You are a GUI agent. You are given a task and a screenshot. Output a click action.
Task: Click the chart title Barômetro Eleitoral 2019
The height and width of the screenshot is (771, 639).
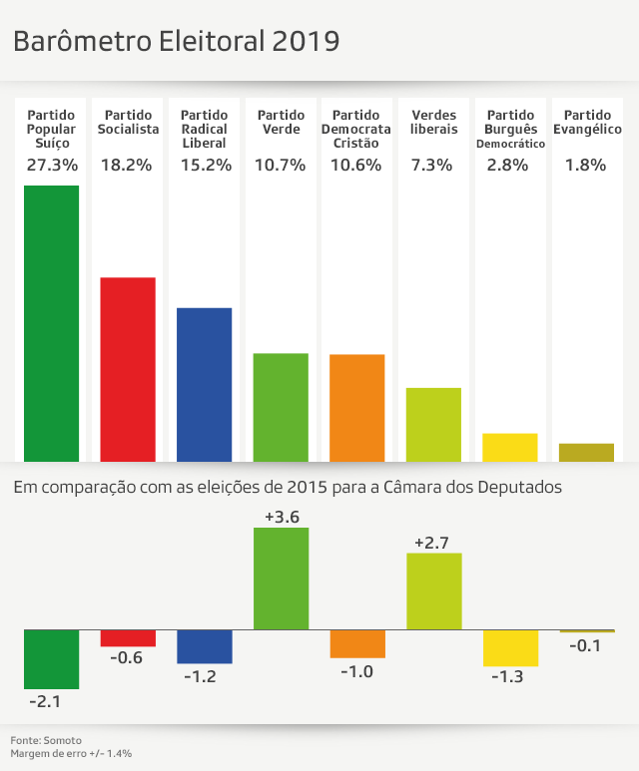176,41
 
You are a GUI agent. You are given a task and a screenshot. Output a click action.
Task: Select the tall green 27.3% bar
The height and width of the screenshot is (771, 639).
51,323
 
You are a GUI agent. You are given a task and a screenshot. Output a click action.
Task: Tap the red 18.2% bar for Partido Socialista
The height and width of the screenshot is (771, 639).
128,369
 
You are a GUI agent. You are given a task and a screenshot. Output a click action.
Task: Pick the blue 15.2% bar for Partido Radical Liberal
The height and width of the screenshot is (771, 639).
204,384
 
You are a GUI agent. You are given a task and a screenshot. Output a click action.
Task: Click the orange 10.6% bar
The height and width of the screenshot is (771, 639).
356,407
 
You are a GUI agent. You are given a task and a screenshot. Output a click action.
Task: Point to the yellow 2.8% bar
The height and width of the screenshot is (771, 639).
509,447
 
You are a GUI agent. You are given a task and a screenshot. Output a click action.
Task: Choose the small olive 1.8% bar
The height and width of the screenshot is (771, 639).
586,453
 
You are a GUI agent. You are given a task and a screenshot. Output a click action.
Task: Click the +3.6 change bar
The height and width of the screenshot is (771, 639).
281,578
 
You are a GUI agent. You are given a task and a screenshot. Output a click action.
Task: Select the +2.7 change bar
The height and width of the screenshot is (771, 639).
433,590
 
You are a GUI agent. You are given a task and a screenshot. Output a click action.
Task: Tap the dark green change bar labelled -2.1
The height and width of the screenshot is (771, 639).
51,658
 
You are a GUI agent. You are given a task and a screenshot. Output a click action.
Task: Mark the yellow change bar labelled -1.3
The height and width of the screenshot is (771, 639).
509,647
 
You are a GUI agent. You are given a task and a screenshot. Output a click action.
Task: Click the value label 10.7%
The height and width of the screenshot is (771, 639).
281,166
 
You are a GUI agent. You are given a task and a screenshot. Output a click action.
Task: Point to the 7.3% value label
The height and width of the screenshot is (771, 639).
433,166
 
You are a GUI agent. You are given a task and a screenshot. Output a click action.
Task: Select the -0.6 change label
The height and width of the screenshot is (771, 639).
128,658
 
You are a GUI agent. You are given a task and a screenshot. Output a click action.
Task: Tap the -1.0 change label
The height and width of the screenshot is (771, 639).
356,671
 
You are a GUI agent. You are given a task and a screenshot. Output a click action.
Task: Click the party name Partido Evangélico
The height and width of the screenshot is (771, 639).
586,123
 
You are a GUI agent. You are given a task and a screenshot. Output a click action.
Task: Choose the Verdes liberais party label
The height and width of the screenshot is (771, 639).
433,123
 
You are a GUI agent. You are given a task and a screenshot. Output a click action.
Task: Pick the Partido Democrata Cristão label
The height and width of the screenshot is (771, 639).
356,130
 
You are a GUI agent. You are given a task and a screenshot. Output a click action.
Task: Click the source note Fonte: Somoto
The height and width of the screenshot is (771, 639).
46,740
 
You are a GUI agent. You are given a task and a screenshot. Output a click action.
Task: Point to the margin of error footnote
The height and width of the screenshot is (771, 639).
72,754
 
